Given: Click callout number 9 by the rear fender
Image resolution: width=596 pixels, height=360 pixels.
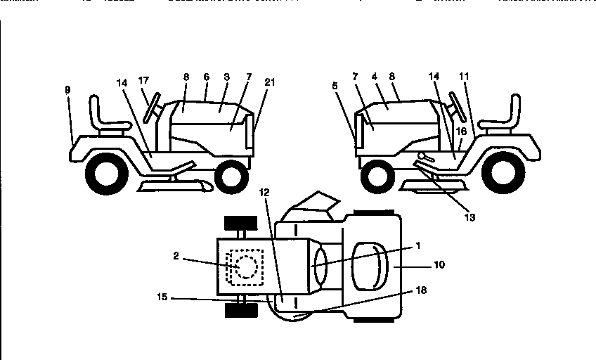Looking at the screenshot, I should tap(67, 90).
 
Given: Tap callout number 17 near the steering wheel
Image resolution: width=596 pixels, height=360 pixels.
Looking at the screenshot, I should tap(143, 81).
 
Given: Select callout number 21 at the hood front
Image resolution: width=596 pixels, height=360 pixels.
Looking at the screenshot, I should tap(270, 82).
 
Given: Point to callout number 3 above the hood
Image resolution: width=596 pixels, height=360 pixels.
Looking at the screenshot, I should tap(227, 75).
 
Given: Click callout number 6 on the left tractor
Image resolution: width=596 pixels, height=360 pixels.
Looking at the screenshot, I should tap(207, 75).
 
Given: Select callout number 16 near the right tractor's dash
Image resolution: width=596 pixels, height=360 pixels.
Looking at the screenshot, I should tap(462, 130).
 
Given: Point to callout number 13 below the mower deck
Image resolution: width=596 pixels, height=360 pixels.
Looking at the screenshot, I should tap(469, 218).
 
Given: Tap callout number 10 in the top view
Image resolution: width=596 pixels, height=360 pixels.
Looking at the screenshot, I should tap(439, 265).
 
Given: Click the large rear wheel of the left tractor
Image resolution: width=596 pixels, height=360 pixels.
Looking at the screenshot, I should tap(107, 170).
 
